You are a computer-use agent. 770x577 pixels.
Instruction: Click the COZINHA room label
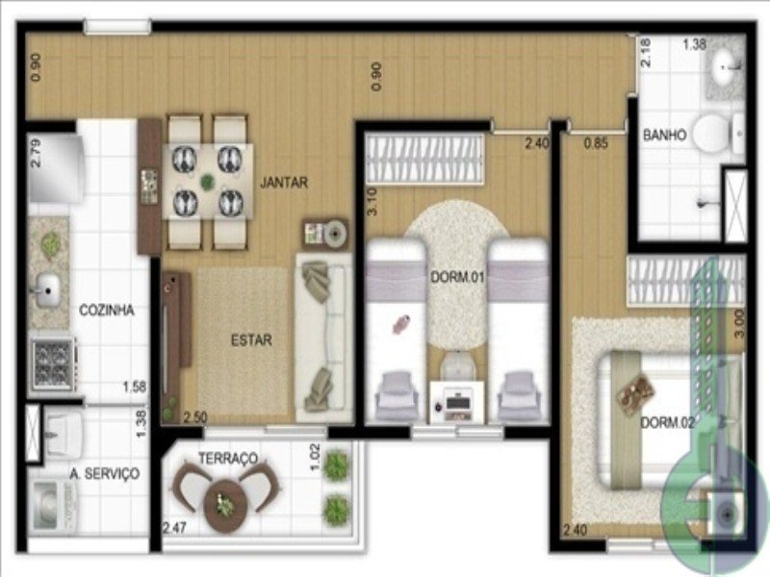[x=107, y=310]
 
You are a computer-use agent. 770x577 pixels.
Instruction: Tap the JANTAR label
[x=284, y=183]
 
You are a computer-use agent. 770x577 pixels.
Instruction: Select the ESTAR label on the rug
[x=251, y=340]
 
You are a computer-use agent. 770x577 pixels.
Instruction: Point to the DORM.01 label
[x=457, y=277]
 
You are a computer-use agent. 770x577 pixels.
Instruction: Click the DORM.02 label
[x=668, y=422]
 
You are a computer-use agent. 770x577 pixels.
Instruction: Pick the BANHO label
[x=664, y=135]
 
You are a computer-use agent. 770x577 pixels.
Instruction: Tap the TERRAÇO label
[x=228, y=459]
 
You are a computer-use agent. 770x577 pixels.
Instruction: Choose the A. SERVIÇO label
[x=105, y=473]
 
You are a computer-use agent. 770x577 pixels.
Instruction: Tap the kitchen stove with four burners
[x=53, y=364]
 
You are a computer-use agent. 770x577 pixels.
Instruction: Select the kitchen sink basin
[x=46, y=290]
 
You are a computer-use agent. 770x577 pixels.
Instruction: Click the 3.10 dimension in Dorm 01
[x=372, y=202]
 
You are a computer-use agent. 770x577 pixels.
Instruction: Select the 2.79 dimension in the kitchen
[x=36, y=154]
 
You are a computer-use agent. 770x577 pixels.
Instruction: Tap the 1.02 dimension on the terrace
[x=315, y=457]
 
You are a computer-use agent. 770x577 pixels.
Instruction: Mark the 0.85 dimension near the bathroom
[x=596, y=143]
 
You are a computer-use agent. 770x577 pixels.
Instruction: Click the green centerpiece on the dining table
[x=207, y=182]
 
